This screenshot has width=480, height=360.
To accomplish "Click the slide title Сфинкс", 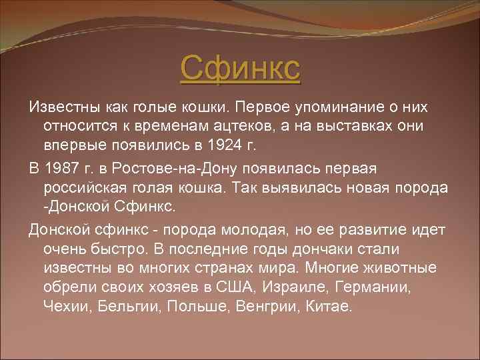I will point(240,68).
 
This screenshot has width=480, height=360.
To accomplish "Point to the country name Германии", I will point(370,287).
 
